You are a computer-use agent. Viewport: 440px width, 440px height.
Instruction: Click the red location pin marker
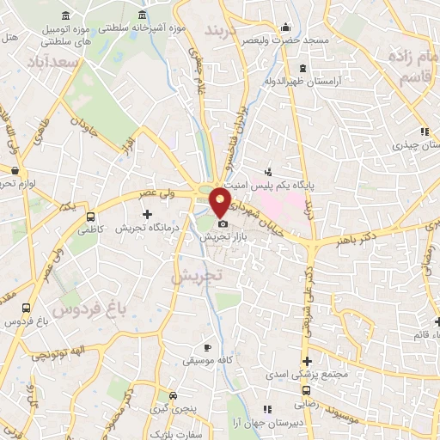tap(221, 203)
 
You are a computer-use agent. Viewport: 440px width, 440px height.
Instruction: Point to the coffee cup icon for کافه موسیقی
tap(206, 347)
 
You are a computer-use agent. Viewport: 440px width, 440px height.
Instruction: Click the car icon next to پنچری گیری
tap(174, 396)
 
